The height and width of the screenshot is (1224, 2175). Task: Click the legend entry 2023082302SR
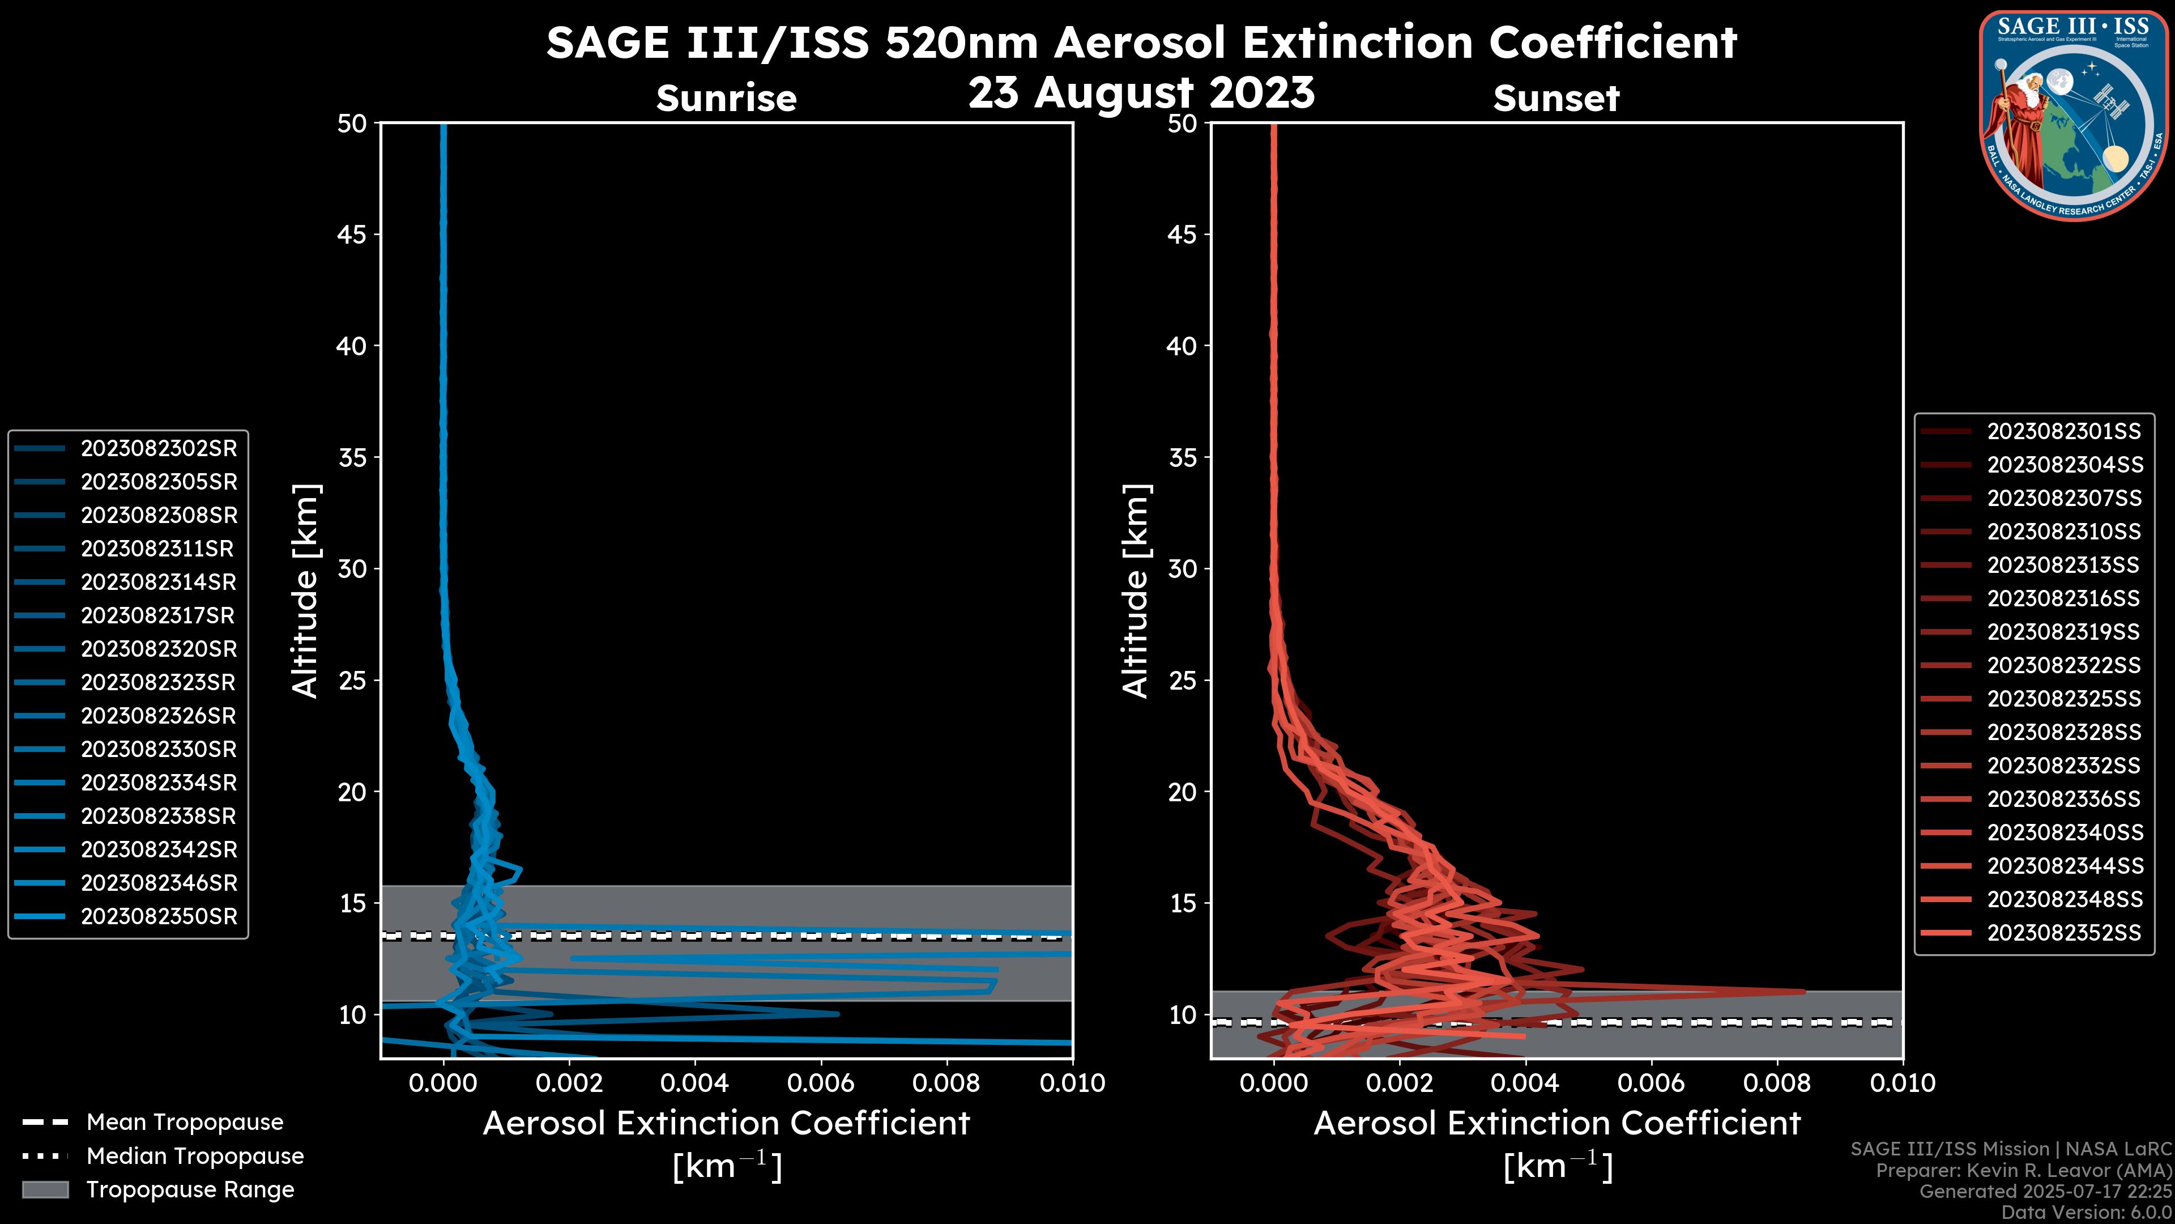tap(159, 449)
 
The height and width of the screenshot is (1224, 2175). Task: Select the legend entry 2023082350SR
tap(159, 916)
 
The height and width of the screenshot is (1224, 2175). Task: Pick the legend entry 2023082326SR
tap(159, 716)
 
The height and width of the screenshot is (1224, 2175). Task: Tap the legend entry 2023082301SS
tap(2063, 432)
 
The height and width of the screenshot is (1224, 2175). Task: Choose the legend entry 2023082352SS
tap(2063, 933)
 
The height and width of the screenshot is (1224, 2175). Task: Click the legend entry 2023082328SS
tap(2063, 732)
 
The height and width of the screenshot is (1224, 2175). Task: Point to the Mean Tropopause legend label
tap(185, 1123)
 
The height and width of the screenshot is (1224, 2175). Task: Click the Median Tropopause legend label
tap(195, 1157)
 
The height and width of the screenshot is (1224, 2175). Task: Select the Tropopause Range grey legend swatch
tap(45, 1190)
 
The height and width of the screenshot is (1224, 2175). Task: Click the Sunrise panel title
tap(726, 99)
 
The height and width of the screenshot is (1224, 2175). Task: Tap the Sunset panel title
tap(1556, 99)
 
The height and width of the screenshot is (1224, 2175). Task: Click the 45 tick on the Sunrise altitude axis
tap(352, 235)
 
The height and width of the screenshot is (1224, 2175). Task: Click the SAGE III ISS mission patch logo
tap(2073, 116)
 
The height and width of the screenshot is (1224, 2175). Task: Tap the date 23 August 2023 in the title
tap(1141, 93)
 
